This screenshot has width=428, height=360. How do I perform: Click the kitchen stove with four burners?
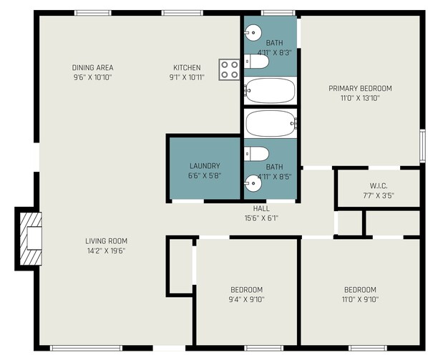(229, 69)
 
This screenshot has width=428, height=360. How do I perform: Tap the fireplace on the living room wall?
(31, 238)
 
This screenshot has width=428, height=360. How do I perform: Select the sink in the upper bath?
(253, 33)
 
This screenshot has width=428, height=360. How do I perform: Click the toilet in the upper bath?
(256, 61)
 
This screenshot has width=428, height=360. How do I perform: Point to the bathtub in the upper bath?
(270, 91)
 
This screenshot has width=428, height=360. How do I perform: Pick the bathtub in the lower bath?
(271, 123)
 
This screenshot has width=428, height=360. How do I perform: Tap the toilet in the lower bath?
(256, 154)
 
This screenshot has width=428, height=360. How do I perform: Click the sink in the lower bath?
(253, 183)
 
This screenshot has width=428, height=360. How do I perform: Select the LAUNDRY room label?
(205, 166)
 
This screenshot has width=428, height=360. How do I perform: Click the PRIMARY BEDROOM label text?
(360, 89)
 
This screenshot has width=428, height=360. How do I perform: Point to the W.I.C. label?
(379, 186)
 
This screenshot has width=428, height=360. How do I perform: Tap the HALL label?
(261, 208)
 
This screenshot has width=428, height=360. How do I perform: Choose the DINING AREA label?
(92, 67)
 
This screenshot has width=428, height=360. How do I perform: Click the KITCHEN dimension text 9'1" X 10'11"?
(187, 77)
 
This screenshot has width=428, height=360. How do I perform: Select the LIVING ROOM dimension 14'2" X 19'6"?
(106, 250)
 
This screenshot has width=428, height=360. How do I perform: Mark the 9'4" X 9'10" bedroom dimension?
(246, 299)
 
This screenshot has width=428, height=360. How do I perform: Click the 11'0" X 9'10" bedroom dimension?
(360, 299)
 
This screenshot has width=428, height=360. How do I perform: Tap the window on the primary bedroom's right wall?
(422, 146)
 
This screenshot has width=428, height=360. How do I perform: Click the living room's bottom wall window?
(86, 348)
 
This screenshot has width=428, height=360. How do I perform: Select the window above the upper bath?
(278, 13)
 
